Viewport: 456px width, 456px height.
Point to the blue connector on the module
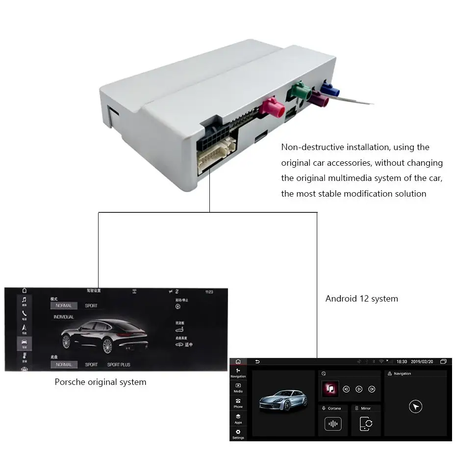tap(330, 89)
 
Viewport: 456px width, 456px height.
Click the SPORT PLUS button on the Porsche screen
tap(119, 365)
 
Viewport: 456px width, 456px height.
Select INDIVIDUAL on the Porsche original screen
tap(64, 317)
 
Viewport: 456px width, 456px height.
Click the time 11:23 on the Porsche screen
tap(209, 292)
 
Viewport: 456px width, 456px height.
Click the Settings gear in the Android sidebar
tap(238, 431)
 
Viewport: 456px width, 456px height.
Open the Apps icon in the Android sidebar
tap(238, 416)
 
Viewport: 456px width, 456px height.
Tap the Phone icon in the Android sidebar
tap(238, 401)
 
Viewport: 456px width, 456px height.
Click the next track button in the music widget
tap(372, 389)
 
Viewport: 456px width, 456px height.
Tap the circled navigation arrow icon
tap(415, 406)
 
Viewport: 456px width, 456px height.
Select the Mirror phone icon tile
tap(366, 424)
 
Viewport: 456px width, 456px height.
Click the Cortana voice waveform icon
tap(333, 424)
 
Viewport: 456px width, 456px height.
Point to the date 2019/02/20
tap(422, 361)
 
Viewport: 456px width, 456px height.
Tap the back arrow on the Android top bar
tap(257, 361)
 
